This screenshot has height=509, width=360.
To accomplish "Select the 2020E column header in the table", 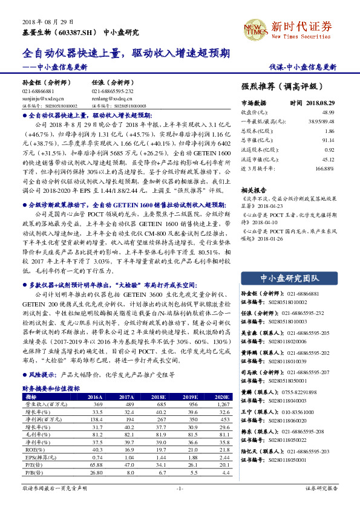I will coord(222,397).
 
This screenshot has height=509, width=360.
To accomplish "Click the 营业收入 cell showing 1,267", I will coord(222,404).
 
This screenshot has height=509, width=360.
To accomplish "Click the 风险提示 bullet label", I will coord(41,374).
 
